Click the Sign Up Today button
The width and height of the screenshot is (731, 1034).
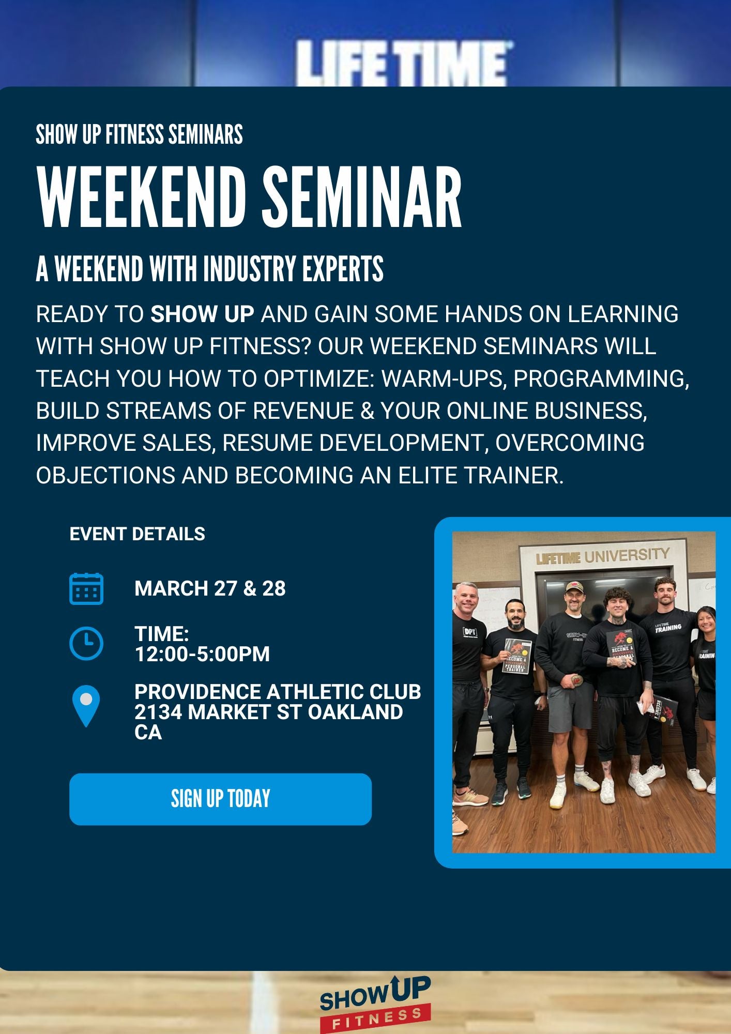point(220,799)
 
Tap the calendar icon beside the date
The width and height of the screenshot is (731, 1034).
point(86,589)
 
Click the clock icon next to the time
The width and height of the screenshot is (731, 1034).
point(86,643)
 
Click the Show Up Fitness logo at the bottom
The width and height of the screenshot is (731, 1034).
point(375,1003)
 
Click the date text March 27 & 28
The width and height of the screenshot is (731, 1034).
point(210,588)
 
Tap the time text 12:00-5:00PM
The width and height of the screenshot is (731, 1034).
point(202,654)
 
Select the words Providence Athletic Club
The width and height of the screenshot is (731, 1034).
point(278,692)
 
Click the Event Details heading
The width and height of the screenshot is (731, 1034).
point(138,534)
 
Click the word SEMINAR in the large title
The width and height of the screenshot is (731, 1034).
point(361,199)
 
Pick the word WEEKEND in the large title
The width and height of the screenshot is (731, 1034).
point(142,199)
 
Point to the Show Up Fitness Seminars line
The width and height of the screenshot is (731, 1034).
point(139,134)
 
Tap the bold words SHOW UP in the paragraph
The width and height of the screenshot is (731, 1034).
point(202,314)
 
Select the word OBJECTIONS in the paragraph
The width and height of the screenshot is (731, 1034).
point(105,475)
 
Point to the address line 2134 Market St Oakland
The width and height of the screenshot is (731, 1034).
point(268,712)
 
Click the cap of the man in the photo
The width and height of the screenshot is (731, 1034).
point(574,587)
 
